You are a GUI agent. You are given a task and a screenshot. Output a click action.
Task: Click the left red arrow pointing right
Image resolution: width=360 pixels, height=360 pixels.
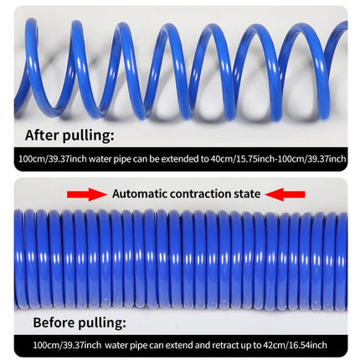click(x=87, y=194)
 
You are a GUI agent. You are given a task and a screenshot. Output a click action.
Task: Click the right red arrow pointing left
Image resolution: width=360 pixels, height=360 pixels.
click(x=285, y=194)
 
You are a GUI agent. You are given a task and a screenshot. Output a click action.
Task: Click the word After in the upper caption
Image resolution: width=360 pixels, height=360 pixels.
click(x=42, y=135)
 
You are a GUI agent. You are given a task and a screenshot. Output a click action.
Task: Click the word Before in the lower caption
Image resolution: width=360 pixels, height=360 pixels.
click(x=54, y=322)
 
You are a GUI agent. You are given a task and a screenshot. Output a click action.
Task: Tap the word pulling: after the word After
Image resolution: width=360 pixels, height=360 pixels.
click(x=88, y=136)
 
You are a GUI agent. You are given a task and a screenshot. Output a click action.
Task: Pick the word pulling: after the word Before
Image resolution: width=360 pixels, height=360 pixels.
click(x=102, y=323)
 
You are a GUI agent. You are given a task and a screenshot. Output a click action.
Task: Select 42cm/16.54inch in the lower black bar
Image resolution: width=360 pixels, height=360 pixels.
click(x=296, y=345)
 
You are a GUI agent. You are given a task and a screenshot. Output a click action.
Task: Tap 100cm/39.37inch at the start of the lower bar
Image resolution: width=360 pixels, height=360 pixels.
click(x=67, y=345)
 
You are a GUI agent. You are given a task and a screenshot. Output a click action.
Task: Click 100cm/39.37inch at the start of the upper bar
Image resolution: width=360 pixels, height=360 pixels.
click(x=53, y=159)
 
